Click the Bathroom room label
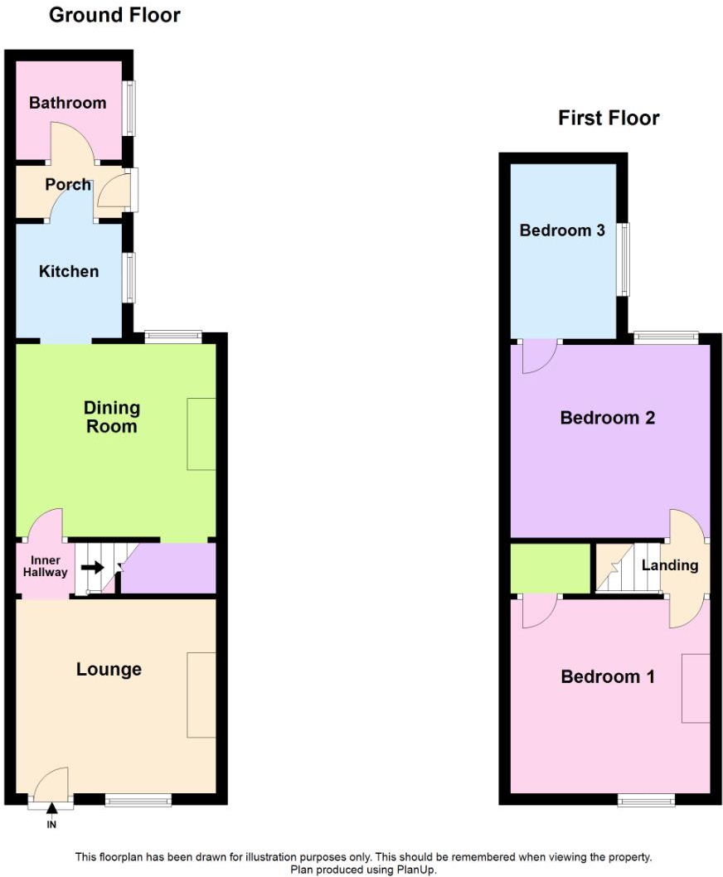click(x=67, y=103)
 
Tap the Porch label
click(x=68, y=184)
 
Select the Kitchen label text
click(x=69, y=271)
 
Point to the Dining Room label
click(x=112, y=417)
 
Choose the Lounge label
click(x=109, y=669)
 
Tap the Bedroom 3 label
click(x=562, y=230)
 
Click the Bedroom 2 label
click(x=608, y=418)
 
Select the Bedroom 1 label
click(x=608, y=676)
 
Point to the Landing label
click(x=670, y=565)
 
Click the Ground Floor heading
click(x=114, y=15)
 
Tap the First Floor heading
click(x=609, y=118)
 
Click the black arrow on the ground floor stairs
click(x=92, y=568)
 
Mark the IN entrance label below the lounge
click(x=51, y=825)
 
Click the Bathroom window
click(x=129, y=107)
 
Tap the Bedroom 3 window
click(x=622, y=259)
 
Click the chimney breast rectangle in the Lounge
click(x=201, y=695)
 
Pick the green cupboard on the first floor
click(x=550, y=568)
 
